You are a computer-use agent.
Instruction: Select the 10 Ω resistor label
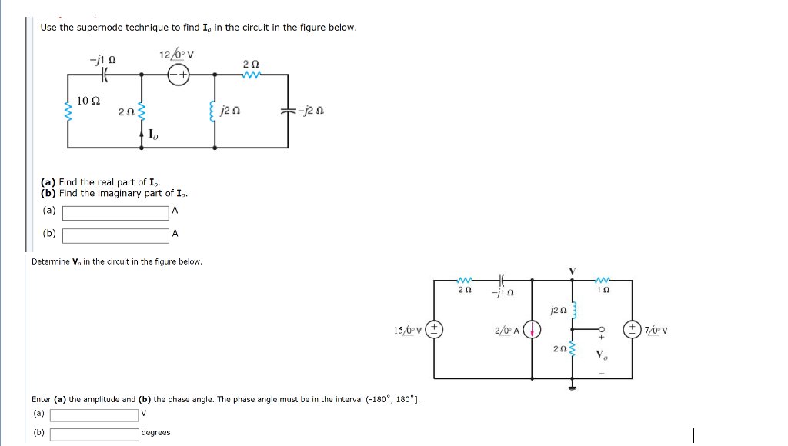pos(88,102)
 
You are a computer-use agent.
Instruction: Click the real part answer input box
pos(115,213)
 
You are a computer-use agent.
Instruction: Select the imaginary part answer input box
pos(115,235)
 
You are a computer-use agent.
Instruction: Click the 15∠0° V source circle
pos(434,330)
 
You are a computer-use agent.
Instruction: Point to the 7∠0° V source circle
pos(632,330)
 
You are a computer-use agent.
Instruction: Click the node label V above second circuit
pos(571,270)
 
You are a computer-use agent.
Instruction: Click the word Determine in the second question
pos(50,262)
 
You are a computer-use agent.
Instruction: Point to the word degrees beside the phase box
pos(155,433)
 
